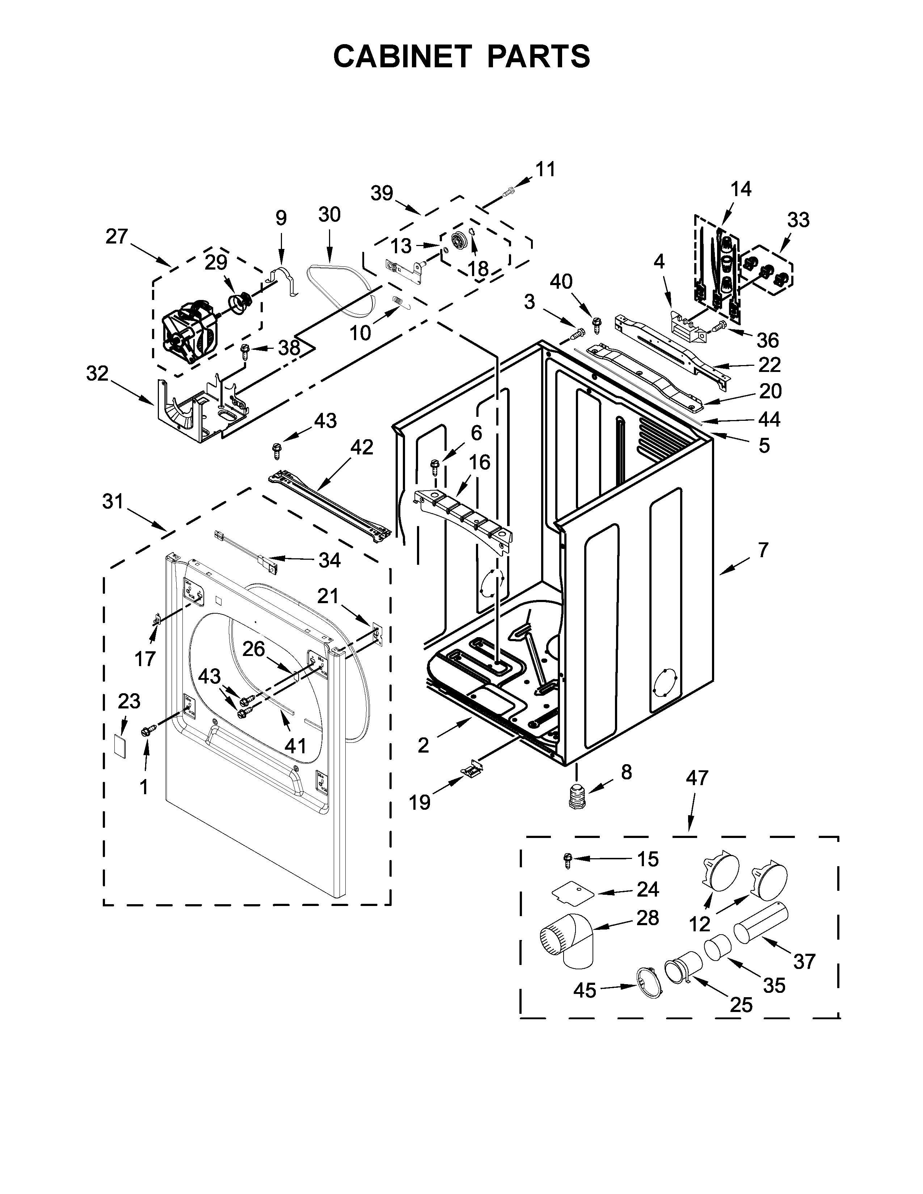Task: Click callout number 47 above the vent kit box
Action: pyautogui.click(x=697, y=778)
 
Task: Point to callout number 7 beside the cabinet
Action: pyautogui.click(x=763, y=550)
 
